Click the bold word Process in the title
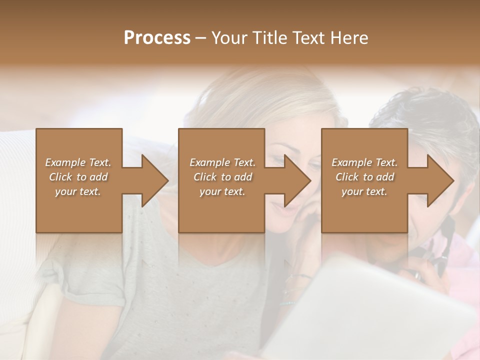[157, 38]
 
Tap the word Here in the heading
[349, 38]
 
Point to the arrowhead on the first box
[154, 180]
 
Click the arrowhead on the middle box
[297, 180]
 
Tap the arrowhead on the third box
[440, 180]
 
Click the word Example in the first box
[65, 162]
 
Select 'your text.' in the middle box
[222, 191]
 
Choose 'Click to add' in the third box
[364, 177]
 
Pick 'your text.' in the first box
[78, 191]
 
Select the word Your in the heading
[229, 38]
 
